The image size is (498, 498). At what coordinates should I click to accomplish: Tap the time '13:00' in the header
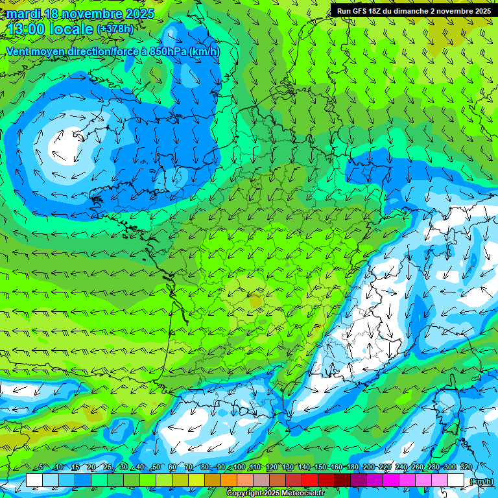(x=29, y=30)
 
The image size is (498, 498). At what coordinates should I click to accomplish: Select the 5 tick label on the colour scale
(x=41, y=468)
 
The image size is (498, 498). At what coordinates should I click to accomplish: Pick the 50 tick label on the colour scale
(x=156, y=468)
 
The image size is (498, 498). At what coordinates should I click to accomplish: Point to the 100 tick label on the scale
(x=239, y=468)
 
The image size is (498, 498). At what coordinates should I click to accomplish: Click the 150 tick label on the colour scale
(x=320, y=468)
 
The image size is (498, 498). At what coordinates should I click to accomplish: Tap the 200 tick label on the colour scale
(x=369, y=468)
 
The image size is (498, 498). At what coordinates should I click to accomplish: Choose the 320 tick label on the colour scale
(x=466, y=468)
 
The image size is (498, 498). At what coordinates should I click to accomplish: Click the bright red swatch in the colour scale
(x=310, y=480)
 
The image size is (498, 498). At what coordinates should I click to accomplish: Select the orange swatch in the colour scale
(x=229, y=480)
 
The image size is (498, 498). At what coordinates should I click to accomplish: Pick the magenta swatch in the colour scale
(x=391, y=480)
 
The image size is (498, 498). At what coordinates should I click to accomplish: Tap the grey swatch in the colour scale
(x=261, y=480)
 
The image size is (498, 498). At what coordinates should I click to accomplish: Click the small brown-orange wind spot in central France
(x=255, y=300)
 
